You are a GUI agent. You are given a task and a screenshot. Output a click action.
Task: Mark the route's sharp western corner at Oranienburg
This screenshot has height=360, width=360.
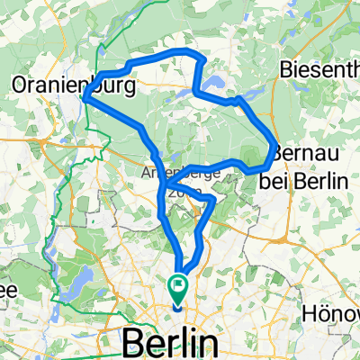(x=85, y=99)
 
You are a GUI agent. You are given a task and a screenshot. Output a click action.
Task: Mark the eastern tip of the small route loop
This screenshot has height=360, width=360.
(x=215, y=197)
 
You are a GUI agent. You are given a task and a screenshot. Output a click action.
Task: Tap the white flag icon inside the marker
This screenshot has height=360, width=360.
(x=178, y=286)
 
